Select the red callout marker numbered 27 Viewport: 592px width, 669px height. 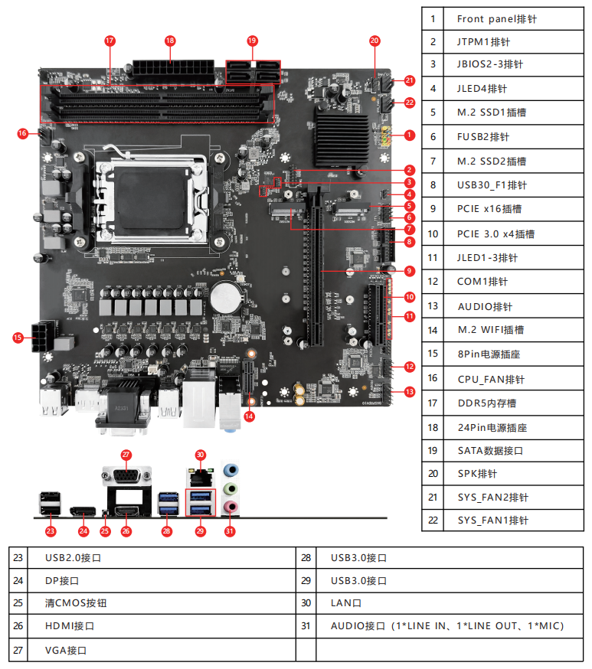[x=126, y=454]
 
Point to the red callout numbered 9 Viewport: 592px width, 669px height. [x=410, y=270]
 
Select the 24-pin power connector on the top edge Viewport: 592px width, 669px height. [x=172, y=70]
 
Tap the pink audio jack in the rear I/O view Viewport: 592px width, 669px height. [x=230, y=507]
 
